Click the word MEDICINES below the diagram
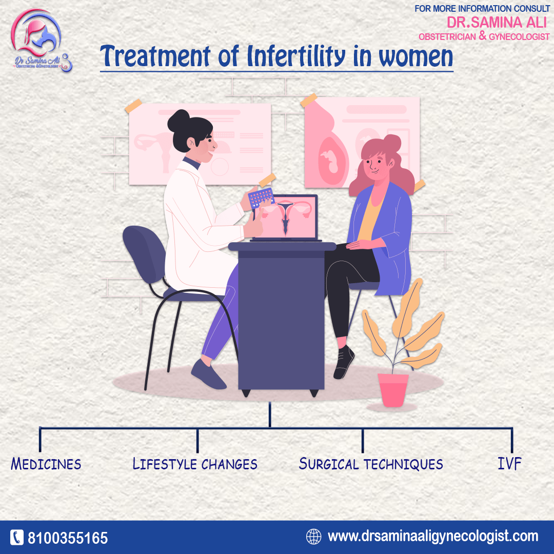tap(46, 464)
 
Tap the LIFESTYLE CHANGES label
tap(195, 464)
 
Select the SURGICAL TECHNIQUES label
tap(371, 464)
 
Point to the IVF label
tap(509, 464)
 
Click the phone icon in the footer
tap(16, 538)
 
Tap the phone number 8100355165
tap(68, 538)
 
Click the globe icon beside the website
tap(313, 537)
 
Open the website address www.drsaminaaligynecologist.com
tap(433, 537)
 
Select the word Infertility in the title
tap(296, 56)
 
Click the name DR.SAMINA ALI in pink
tap(497, 22)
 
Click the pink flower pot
tap(393, 390)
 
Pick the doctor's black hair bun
tap(179, 121)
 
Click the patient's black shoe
tap(344, 362)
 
